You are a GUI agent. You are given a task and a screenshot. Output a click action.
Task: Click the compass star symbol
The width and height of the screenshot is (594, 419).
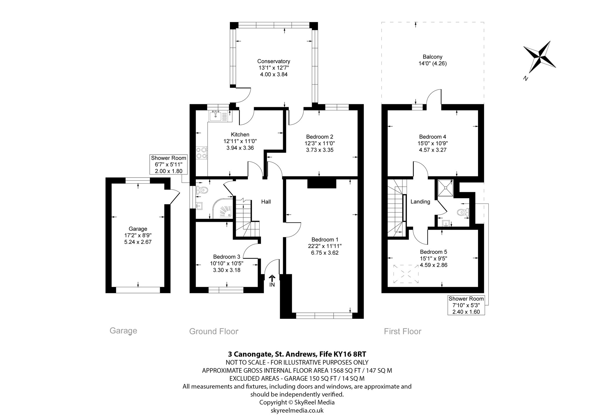coord(539,57)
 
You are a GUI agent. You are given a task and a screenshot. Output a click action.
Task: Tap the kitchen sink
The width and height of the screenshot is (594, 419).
coord(218,116)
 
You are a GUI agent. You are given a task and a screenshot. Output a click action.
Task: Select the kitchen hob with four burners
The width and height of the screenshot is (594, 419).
coord(202,153)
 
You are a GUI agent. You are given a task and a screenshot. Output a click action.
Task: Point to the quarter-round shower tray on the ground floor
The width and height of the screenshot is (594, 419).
coord(223,208)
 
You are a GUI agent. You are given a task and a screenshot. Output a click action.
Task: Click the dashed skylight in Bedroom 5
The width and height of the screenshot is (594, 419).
coord(406,274)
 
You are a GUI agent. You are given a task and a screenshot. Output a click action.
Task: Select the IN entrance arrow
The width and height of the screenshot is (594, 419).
coord(272,281)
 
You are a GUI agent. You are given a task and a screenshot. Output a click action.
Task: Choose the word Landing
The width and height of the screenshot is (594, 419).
coord(420,202)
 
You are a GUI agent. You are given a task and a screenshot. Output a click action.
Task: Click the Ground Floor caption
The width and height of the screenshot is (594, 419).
coord(214,331)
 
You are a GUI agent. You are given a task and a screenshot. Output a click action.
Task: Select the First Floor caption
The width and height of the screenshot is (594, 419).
coord(403,331)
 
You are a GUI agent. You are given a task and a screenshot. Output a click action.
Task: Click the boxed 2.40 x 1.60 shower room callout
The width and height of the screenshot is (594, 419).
coord(466,305)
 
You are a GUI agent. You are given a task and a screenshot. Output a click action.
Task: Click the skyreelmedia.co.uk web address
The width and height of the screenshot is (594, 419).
coord(297,410)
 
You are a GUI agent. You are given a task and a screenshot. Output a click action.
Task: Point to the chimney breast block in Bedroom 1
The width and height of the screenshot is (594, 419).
coord(321,184)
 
